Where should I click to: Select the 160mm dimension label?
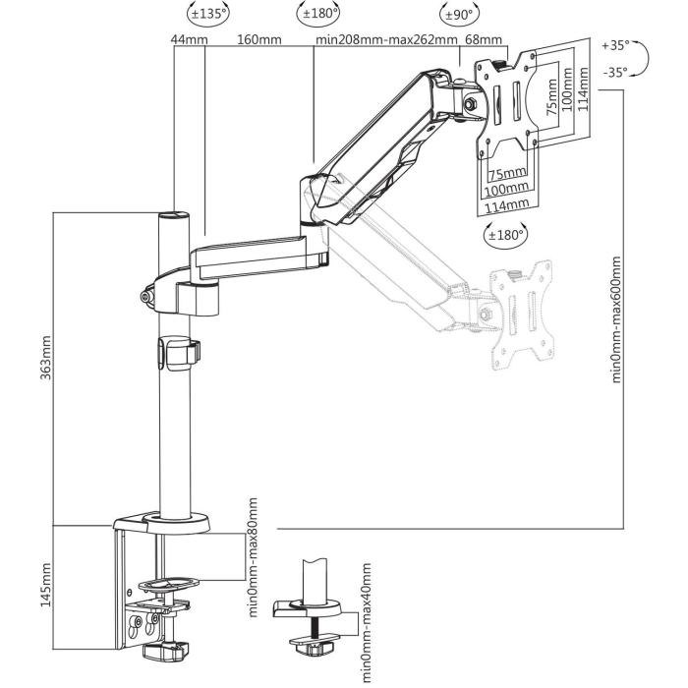pos(259,39)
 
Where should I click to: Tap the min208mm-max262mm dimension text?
pos(386,39)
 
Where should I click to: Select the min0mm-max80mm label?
pos(253,555)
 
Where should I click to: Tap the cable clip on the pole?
pos(174,354)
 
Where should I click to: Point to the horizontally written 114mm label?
pos(507,203)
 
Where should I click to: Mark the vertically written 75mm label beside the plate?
pos(551,98)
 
